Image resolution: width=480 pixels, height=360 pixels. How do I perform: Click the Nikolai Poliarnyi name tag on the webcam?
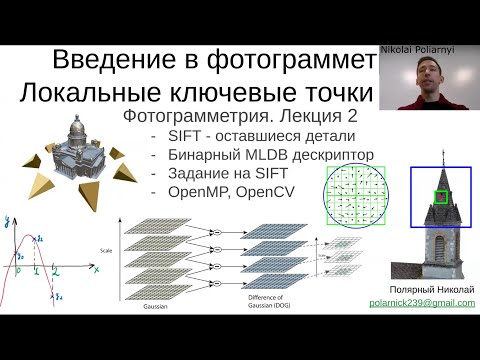click(x=417, y=47)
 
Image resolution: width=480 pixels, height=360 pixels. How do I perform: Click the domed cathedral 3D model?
click(x=79, y=144)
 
